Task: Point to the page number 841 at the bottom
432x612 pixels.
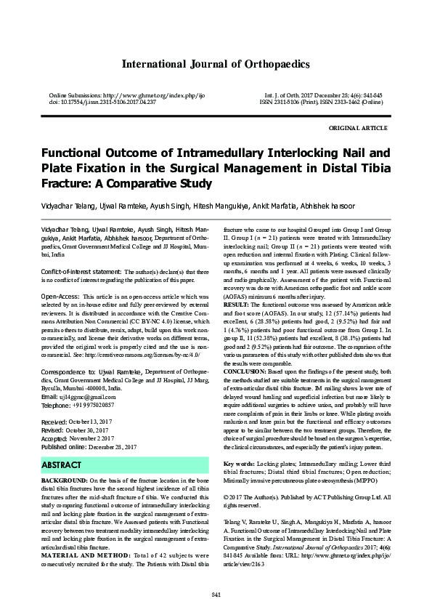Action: coord(216,596)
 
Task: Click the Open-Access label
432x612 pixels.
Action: coord(60,297)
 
